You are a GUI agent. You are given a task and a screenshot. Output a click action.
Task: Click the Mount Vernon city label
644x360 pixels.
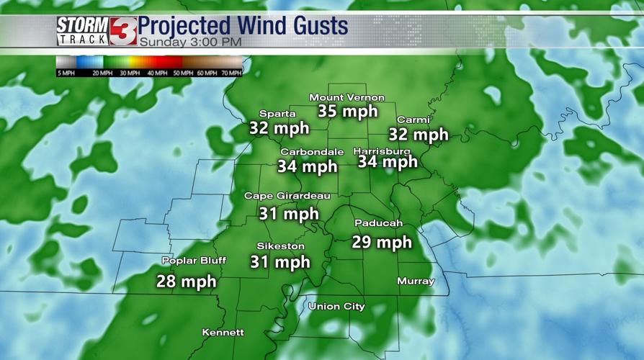346,98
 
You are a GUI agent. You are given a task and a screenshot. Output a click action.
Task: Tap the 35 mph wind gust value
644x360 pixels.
348,112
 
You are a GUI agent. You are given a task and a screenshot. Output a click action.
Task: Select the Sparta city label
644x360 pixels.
277,114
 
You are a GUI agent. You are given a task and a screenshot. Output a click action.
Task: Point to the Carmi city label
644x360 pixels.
413,120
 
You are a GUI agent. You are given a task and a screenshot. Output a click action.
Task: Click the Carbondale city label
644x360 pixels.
312,152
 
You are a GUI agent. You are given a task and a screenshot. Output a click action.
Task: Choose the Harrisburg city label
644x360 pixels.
382,151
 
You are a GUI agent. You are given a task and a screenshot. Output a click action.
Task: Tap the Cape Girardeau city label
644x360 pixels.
287,196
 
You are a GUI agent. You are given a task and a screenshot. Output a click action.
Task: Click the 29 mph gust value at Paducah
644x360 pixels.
382,242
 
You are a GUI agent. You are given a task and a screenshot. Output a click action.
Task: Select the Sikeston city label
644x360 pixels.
281,246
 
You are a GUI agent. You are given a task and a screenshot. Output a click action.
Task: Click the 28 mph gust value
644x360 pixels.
187,281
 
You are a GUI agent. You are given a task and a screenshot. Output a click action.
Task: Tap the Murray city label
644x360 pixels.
416,282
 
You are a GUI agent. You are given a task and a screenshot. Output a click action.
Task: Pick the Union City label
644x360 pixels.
336,307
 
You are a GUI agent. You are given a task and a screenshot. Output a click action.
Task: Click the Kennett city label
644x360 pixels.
223,333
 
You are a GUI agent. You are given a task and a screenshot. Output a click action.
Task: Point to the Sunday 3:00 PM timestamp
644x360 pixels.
190,42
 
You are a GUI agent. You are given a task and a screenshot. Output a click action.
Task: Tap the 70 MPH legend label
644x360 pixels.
231,73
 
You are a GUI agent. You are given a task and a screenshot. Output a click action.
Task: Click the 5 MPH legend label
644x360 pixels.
66,73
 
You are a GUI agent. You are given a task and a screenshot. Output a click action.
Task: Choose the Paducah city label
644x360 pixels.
378,223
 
